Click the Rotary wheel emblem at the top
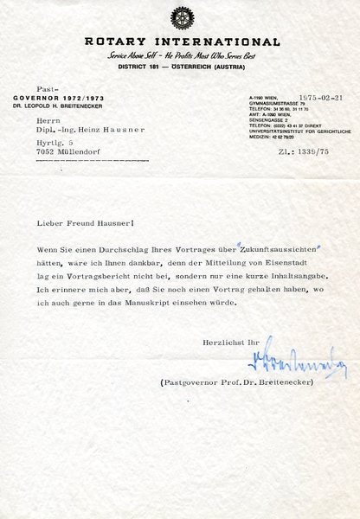pos(179,18)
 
